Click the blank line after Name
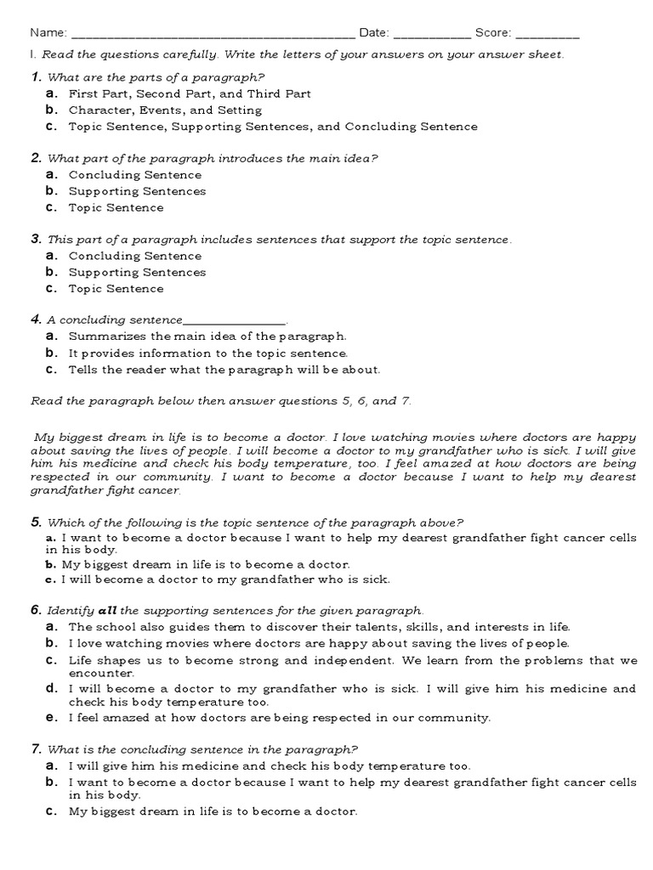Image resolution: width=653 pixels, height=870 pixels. coord(213,34)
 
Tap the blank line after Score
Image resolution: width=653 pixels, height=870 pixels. coord(548,34)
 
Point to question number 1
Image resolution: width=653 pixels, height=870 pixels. coord(36,77)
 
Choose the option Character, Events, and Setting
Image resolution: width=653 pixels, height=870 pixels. coord(165,110)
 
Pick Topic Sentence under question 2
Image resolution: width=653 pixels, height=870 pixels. coord(116,207)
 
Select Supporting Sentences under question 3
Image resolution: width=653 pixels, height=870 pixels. coord(137,273)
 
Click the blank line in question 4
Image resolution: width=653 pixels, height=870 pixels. coord(236,320)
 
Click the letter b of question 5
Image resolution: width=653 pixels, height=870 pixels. coord(52,564)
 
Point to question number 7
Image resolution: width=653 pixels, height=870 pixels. coord(36,749)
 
